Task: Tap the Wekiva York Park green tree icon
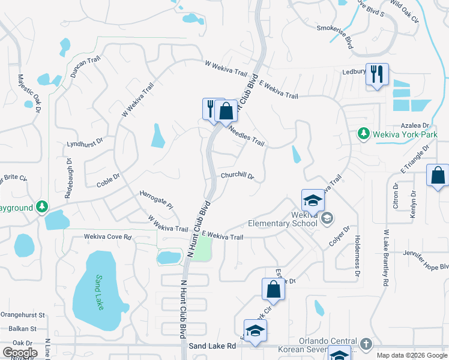pos(362,133)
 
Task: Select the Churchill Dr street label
pos(237,176)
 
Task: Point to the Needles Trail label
pos(247,137)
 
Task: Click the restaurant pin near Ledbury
pos(377,75)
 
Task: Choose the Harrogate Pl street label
pos(156,200)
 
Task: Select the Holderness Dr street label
pos(358,255)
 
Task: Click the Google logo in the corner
pos(19,352)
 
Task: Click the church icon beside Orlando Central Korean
pos(366,344)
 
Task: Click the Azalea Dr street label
pos(417,125)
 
